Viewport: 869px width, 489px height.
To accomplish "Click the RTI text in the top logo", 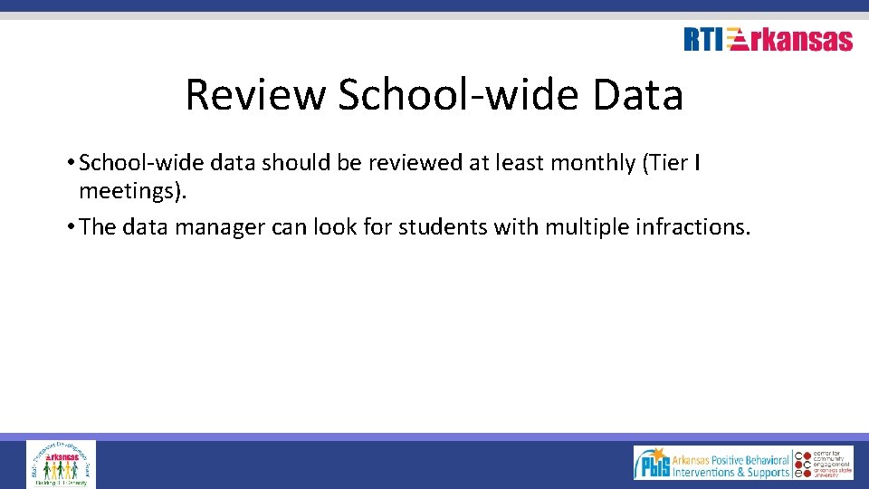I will click(x=703, y=40).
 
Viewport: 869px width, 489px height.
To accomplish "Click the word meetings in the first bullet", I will click(x=130, y=191).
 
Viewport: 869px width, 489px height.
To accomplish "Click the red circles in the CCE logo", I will click(x=799, y=464).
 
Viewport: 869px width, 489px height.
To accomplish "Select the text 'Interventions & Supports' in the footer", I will click(x=731, y=472).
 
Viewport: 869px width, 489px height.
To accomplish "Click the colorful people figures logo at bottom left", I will click(x=61, y=464).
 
